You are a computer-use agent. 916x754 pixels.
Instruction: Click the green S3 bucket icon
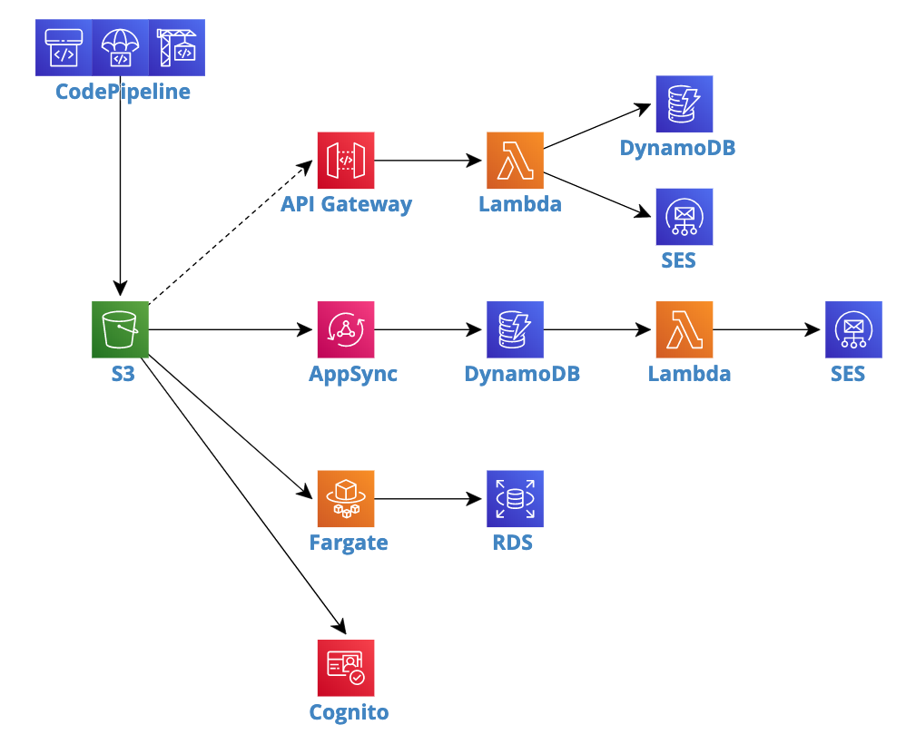[x=120, y=329]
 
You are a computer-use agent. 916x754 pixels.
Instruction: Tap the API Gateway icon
[x=346, y=161]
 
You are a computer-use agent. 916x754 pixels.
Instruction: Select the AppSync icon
[x=346, y=329]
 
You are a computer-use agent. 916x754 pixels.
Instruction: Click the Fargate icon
[x=346, y=498]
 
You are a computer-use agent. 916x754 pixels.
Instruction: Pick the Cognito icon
[x=346, y=668]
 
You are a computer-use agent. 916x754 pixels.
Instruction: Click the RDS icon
[x=515, y=498]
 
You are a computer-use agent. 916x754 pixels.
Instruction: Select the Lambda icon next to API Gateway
[x=515, y=161]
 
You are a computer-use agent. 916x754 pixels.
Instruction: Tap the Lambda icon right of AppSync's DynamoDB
[x=685, y=329]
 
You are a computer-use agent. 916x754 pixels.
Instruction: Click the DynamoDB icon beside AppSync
[x=515, y=329]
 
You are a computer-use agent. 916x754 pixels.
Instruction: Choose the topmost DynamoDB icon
[x=685, y=104]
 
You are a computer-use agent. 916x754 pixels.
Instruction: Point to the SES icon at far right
[x=853, y=329]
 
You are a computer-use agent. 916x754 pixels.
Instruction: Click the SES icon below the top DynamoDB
[x=685, y=217]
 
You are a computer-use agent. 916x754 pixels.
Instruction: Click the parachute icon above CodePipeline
[x=120, y=47]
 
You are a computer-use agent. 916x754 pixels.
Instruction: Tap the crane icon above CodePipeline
[x=177, y=47]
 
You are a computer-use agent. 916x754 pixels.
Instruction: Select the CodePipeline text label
[x=123, y=92]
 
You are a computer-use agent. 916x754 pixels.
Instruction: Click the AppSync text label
[x=353, y=374]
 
